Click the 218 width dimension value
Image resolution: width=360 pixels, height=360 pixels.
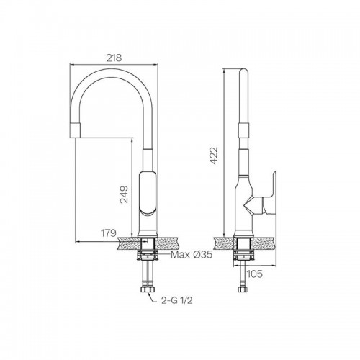click(114, 58)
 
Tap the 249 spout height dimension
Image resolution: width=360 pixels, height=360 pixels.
click(125, 194)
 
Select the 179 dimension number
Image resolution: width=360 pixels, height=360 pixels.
click(109, 233)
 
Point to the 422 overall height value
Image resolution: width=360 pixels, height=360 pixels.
click(213, 156)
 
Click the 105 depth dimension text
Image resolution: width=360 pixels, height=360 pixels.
click(255, 274)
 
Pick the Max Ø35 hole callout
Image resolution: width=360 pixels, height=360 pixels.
click(192, 255)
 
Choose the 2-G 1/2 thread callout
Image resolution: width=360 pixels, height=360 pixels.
click(177, 300)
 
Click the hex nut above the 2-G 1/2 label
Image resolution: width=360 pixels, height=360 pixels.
click(148, 289)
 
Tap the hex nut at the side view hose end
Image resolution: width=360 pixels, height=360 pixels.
click(243, 289)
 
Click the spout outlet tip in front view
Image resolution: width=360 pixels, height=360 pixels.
click(74, 130)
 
